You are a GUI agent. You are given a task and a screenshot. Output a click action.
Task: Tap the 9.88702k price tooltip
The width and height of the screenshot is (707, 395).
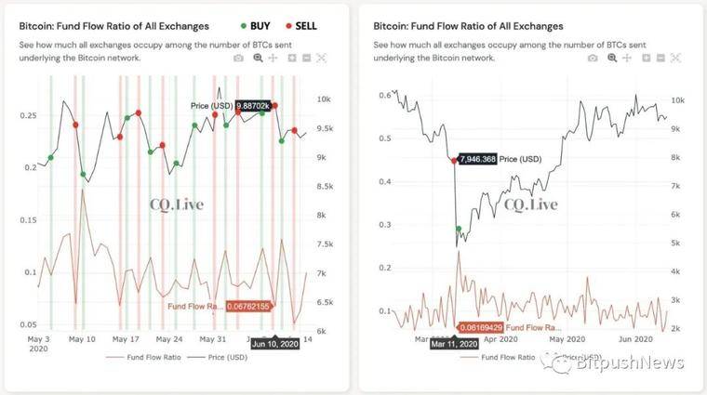click(258, 106)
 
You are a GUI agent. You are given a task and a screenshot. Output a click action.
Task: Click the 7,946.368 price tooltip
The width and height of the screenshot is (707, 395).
click(477, 159)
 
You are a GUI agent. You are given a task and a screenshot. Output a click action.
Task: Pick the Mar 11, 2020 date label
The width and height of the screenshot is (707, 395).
click(454, 343)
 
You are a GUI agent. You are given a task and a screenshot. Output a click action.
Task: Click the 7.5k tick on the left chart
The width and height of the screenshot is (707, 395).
click(326, 244)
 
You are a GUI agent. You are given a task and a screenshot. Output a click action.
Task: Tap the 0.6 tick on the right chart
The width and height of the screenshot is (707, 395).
click(385, 95)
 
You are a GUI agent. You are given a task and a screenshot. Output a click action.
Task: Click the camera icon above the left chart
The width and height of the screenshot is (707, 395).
click(237, 58)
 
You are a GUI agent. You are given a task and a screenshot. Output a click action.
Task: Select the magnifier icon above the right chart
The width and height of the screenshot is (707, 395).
click(611, 58)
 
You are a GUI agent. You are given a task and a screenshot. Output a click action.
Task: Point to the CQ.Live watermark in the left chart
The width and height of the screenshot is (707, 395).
click(177, 204)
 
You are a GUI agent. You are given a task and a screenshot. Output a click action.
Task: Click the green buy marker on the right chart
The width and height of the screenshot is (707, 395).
click(458, 228)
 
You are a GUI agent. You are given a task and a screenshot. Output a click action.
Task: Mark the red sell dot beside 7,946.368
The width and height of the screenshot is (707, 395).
click(454, 160)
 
